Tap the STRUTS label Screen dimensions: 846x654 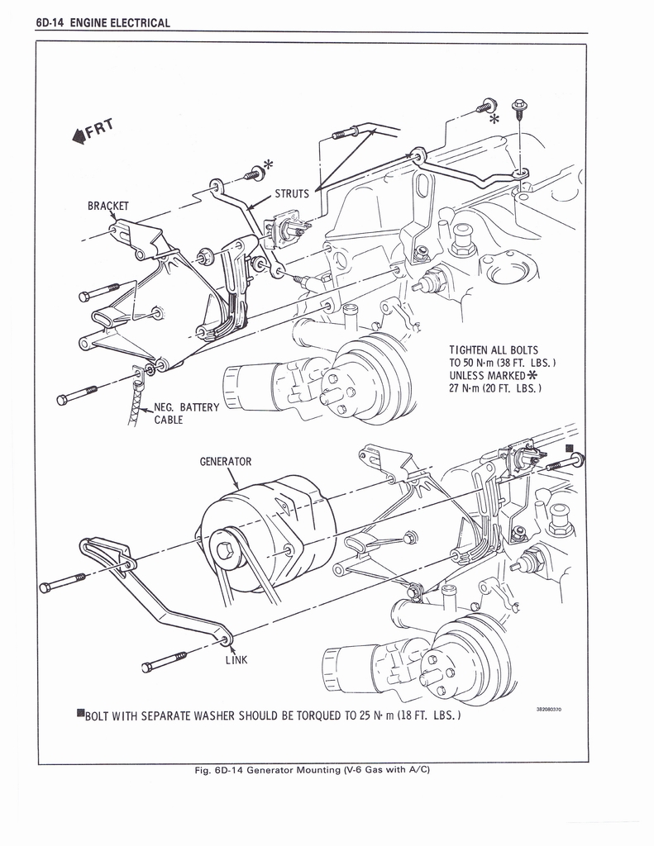tap(292, 194)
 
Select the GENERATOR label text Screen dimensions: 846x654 tap(225, 462)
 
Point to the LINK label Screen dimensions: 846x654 tap(236, 659)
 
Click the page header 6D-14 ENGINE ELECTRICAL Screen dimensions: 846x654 tap(103, 22)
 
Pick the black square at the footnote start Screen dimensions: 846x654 tap(80, 712)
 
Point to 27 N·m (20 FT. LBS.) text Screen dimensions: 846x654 tap(496, 388)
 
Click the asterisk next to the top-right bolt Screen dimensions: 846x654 tap(494, 119)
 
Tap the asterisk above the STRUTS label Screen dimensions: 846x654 tap(269, 164)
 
